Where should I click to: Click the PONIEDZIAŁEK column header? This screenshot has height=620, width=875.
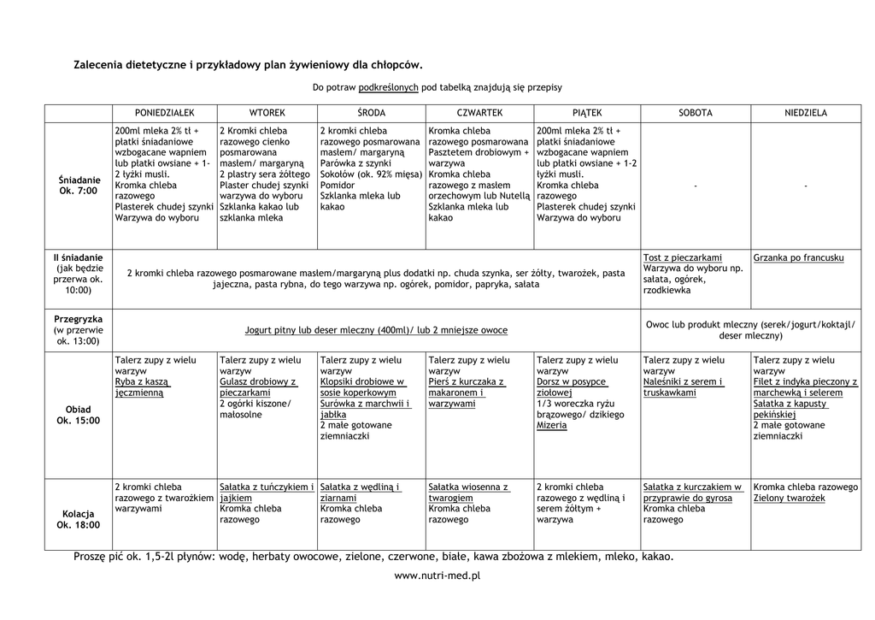point(164,113)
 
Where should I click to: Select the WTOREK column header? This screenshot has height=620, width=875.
point(267,113)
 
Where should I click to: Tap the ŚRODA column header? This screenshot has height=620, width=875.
point(371,113)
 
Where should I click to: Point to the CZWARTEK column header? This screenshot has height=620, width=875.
point(479,113)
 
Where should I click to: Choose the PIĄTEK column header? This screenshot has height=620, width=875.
point(587,113)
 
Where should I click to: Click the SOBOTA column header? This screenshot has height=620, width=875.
point(695,113)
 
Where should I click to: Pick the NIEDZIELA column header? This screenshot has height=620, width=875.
point(806,113)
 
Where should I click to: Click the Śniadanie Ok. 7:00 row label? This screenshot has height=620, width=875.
point(79,186)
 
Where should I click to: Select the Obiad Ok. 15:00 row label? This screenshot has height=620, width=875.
point(79,415)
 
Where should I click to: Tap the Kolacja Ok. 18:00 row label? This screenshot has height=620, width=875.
point(79,519)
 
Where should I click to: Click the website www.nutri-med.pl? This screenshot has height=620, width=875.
point(437,576)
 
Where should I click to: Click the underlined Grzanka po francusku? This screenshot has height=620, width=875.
point(798,257)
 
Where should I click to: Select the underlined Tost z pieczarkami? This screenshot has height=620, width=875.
point(682,257)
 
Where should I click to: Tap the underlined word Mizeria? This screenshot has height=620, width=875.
point(551,425)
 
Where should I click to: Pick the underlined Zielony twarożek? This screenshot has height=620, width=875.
point(789,498)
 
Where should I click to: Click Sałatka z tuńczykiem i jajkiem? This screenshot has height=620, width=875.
point(266,492)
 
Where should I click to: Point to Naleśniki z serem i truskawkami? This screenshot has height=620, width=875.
point(683,387)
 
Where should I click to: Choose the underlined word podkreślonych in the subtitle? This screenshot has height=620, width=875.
point(388,87)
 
